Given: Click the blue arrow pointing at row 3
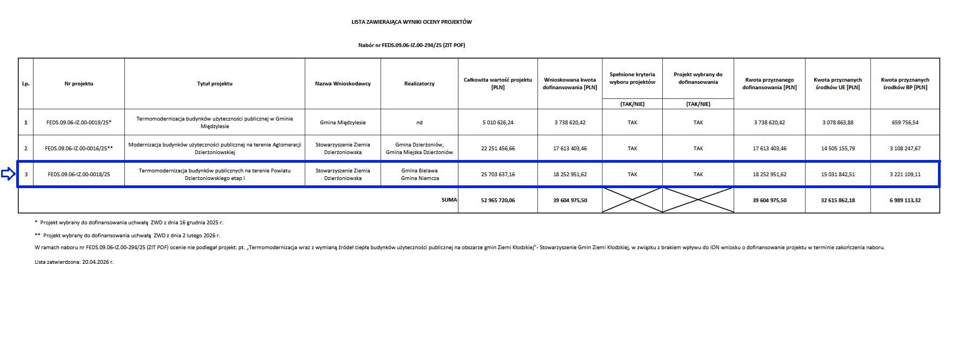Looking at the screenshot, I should (x=8, y=174).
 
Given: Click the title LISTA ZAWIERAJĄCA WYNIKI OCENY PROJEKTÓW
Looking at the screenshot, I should (x=411, y=22).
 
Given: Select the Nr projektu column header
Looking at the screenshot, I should (x=79, y=84).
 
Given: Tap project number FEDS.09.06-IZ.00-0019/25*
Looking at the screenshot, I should (x=79, y=123).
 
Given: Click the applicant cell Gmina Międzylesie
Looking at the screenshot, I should (x=343, y=123).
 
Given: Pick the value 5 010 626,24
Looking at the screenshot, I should (x=498, y=123).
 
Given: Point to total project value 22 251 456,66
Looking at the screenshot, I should (x=498, y=149).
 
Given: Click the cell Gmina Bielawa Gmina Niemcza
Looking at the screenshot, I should (x=420, y=175).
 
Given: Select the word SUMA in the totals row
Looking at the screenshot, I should (x=449, y=200).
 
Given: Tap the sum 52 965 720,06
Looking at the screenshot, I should (x=498, y=201).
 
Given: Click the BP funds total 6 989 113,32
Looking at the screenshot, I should (x=905, y=201).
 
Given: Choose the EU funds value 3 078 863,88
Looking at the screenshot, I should (x=838, y=123).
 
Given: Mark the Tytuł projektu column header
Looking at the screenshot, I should (x=215, y=84).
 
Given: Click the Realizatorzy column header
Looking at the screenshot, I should (x=420, y=84).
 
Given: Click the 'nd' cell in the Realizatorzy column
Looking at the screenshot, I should (x=420, y=123).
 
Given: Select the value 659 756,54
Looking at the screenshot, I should (x=905, y=123).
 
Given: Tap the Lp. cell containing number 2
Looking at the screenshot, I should (x=25, y=149).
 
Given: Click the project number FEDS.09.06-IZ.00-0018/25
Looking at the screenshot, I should (x=79, y=175).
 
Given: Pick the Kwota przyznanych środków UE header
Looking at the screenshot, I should (x=838, y=84).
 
